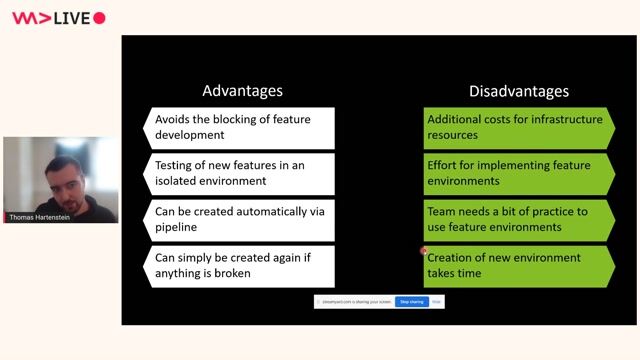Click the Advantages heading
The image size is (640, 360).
(242, 90)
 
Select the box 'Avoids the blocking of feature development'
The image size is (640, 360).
(240, 127)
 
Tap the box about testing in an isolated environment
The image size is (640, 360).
(240, 173)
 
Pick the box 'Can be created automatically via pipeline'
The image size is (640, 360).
(240, 219)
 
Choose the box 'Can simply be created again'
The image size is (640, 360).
(240, 265)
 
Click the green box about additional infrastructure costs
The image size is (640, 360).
(518, 127)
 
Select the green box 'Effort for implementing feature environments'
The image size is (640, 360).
(518, 173)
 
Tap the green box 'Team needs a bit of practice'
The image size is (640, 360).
(518, 219)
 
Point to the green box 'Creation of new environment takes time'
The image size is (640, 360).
(518, 265)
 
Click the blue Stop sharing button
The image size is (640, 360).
(411, 301)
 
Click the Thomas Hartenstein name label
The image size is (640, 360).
(44, 217)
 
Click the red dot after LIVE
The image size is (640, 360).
(99, 18)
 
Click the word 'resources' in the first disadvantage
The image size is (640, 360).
(453, 135)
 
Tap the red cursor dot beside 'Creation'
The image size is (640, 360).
(424, 251)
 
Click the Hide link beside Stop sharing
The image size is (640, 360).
(436, 301)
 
